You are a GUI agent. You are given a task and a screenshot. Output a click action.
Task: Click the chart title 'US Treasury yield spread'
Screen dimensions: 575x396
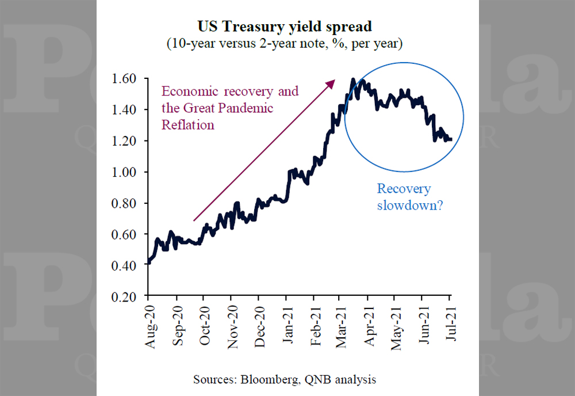[x=285, y=27]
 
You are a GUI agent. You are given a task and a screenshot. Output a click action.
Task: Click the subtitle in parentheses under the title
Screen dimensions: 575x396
[x=285, y=43]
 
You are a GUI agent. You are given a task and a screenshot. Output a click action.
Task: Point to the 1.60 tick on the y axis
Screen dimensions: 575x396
[x=124, y=78]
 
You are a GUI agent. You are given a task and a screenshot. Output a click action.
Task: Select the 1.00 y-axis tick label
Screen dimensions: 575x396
[x=124, y=172]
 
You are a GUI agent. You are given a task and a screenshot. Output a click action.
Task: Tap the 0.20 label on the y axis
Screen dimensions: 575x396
[x=124, y=296]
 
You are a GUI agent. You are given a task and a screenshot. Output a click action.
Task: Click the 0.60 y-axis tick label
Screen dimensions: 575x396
[x=124, y=234]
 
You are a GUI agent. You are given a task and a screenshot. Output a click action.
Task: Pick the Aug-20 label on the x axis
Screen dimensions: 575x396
[x=150, y=326]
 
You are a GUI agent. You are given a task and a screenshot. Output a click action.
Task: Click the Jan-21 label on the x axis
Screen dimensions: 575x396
[x=288, y=325]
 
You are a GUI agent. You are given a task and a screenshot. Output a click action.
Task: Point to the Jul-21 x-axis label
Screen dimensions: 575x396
[x=451, y=323]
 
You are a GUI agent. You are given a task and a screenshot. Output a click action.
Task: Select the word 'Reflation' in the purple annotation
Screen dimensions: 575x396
[x=188, y=125]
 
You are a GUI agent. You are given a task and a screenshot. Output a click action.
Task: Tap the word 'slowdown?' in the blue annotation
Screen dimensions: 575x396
[x=410, y=205]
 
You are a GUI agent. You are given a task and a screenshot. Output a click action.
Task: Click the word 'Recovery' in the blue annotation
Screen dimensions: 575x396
[x=404, y=189]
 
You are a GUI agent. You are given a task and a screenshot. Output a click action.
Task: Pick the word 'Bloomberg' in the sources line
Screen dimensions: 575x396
[x=270, y=379]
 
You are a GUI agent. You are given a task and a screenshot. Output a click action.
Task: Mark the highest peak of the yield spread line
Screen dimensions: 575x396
[x=353, y=79]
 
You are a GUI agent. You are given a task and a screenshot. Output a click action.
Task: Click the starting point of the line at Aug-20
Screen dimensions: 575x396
[x=148, y=262]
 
